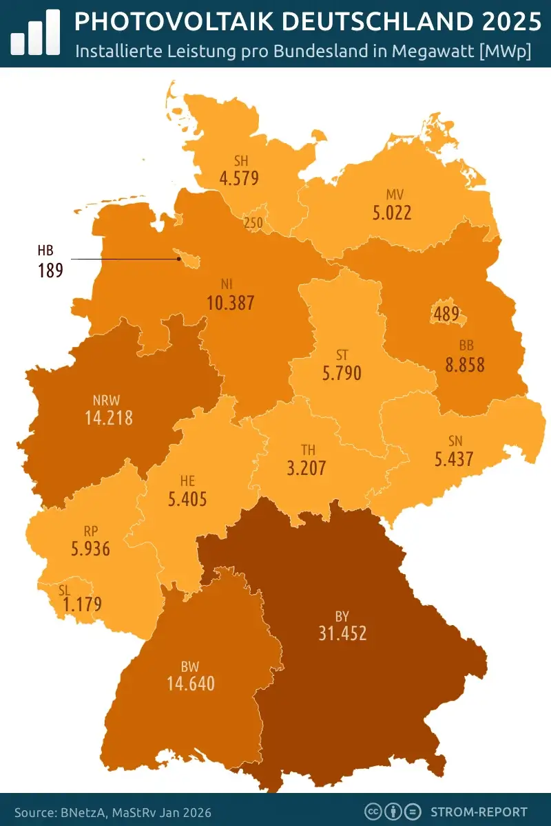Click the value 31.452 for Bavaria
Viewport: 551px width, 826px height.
[342, 633]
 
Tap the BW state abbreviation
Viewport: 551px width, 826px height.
[190, 666]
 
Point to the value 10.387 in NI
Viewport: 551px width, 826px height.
[231, 302]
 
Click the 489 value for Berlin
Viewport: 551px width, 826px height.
[447, 314]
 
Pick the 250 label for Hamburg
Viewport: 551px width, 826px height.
[253, 223]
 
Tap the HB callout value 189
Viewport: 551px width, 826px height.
[50, 270]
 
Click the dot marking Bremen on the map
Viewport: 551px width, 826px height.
[179, 259]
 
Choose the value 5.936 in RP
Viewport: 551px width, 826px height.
[90, 549]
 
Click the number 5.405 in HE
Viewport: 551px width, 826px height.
[187, 498]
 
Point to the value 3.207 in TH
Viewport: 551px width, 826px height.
[306, 468]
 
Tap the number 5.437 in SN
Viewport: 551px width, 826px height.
[454, 458]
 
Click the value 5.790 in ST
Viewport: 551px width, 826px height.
[342, 374]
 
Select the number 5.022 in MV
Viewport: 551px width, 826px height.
[392, 213]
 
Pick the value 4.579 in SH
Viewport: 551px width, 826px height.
[239, 178]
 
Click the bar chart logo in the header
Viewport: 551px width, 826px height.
[34, 32]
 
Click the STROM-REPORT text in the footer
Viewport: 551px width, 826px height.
[479, 812]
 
